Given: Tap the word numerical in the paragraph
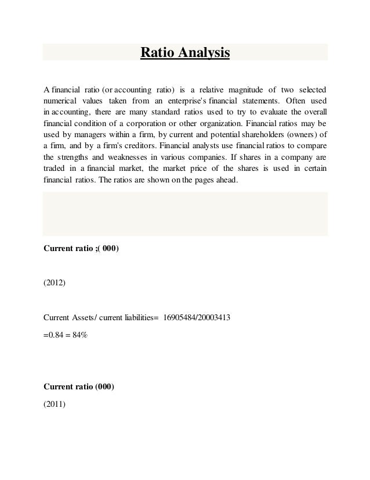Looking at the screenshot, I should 63,101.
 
